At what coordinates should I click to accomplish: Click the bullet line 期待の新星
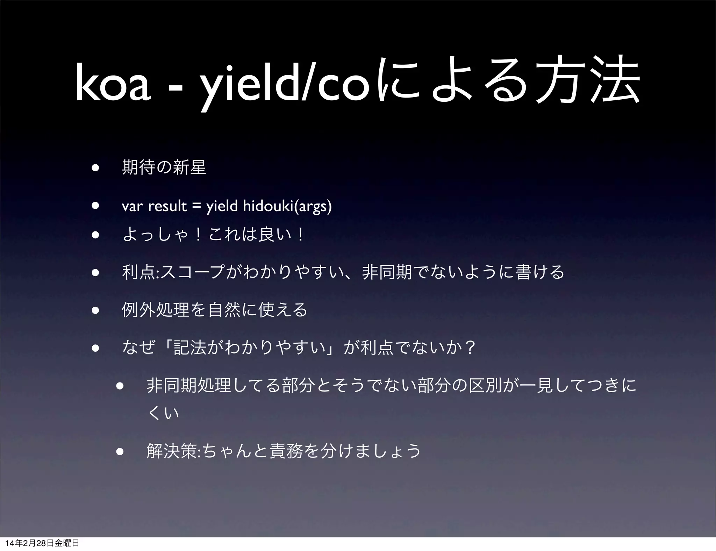tap(164, 167)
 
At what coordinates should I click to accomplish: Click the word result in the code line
tap(167, 207)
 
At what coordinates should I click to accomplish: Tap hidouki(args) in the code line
tap(287, 207)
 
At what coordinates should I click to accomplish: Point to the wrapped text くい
tap(164, 414)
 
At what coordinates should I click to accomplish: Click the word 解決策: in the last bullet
tap(174, 451)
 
